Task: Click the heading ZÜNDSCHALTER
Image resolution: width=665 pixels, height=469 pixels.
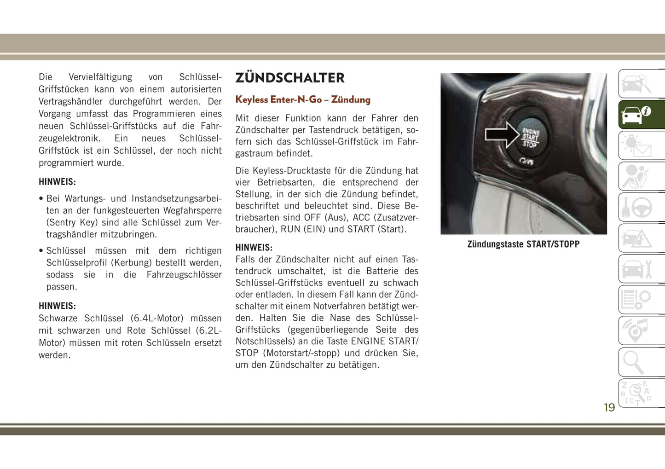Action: [289, 78]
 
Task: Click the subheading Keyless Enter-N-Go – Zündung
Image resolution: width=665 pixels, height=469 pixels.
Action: [302, 99]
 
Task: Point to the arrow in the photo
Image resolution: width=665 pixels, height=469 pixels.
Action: [502, 134]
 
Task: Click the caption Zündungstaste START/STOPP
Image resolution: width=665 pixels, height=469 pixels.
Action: [523, 244]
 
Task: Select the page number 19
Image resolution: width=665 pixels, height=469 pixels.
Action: [609, 407]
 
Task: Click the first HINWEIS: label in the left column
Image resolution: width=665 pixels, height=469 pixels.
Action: [57, 182]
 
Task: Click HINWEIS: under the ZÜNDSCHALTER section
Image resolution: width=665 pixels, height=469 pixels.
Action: [254, 248]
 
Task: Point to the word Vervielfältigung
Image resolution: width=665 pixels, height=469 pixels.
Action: [100, 77]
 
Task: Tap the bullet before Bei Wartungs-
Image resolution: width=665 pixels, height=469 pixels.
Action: [41, 199]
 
